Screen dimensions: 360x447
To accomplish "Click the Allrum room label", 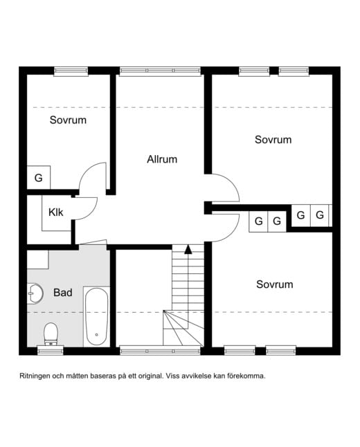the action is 162,159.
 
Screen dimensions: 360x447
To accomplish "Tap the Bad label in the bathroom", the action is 63,293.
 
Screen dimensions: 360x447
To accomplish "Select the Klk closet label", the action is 55,212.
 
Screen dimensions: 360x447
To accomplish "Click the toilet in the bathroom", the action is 51,334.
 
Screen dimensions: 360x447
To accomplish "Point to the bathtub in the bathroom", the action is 96,316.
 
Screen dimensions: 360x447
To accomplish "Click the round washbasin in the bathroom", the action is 35,293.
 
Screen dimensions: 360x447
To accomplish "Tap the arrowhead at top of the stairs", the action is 188,249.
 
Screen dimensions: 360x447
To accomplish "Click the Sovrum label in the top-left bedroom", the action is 68,120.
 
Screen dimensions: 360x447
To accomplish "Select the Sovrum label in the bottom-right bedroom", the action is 274,284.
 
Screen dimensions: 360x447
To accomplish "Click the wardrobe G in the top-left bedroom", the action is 39,178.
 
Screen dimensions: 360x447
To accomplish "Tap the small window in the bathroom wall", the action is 51,351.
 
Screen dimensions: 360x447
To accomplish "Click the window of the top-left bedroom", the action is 71,71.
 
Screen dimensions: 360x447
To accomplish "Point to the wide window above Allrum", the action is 160,71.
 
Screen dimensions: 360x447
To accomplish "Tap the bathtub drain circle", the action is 97,335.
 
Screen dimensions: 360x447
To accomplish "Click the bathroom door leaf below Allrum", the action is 93,242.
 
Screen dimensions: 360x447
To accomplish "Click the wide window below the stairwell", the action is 160,351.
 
